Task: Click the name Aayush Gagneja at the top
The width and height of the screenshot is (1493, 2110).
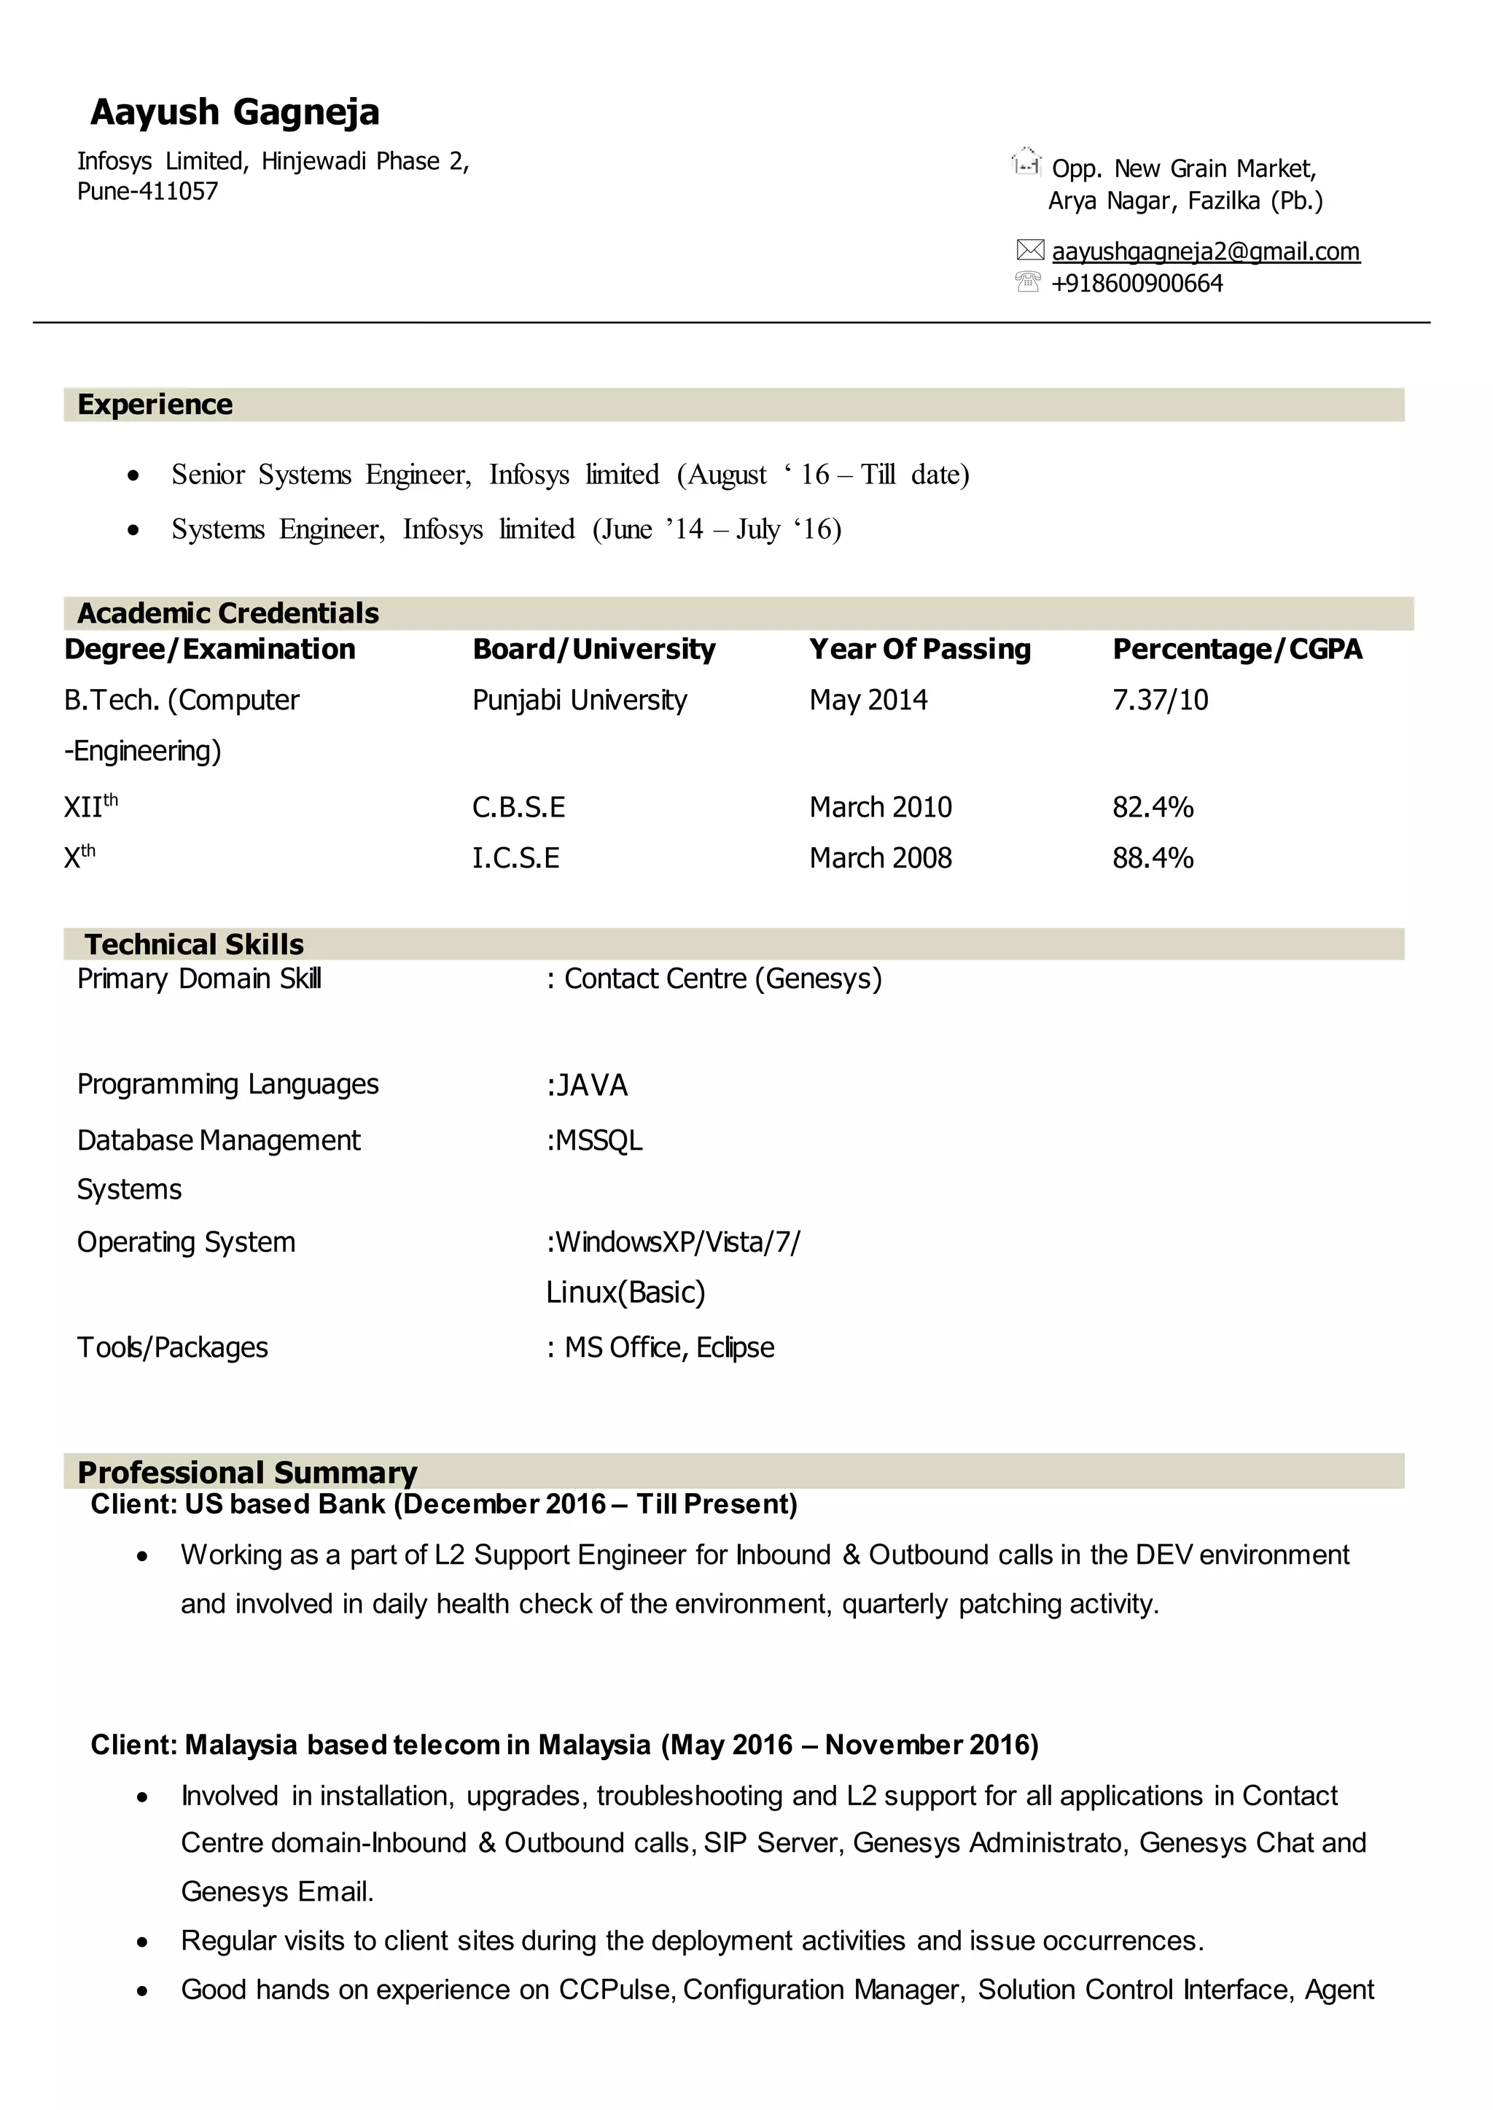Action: (x=235, y=112)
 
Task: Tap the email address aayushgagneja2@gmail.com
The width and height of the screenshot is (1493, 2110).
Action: (x=1205, y=251)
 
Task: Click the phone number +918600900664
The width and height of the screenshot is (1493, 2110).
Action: (x=1137, y=283)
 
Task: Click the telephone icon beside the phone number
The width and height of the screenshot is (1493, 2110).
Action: (x=1028, y=281)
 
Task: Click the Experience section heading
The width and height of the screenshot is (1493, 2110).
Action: (x=155, y=405)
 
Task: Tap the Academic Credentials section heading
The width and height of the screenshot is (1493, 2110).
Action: (x=228, y=612)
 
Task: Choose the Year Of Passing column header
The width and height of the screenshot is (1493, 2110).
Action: (x=919, y=649)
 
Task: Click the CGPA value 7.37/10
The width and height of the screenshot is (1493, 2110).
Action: (x=1160, y=701)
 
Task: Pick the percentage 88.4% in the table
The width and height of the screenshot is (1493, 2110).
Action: (x=1153, y=859)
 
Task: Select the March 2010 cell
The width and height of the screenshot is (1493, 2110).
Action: (x=880, y=807)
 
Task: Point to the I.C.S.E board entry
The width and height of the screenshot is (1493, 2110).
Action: (x=515, y=859)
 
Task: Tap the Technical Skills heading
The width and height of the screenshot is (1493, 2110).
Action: (x=194, y=944)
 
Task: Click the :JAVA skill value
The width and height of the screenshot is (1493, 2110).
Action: (x=587, y=1086)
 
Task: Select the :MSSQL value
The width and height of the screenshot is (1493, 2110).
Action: (x=594, y=1141)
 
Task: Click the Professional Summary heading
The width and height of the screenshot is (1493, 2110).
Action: (x=246, y=1472)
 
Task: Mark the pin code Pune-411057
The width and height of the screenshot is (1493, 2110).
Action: (x=147, y=191)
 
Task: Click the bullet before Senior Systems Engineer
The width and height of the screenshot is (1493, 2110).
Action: (x=134, y=476)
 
